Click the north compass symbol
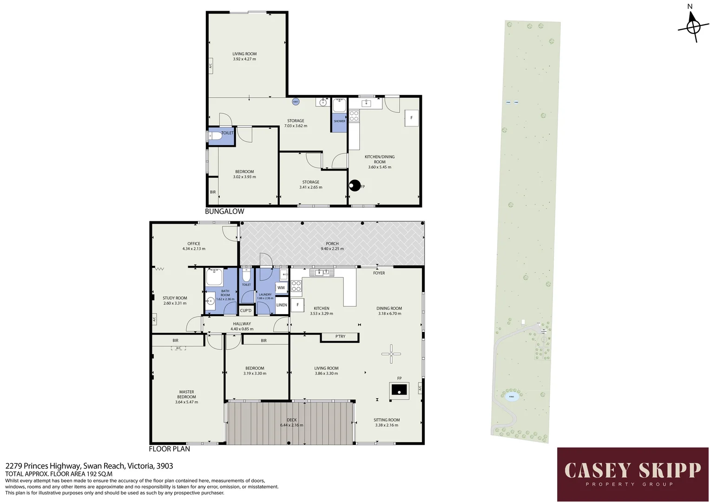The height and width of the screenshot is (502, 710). (x=693, y=27)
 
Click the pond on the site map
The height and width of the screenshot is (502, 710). (x=512, y=396)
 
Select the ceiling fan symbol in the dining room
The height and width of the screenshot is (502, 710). (x=391, y=354)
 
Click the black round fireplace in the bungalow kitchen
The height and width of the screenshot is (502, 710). (x=355, y=185)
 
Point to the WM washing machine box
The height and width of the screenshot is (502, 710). (x=281, y=288)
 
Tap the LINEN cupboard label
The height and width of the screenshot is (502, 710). (x=282, y=305)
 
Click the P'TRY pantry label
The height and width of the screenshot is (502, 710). (x=340, y=337)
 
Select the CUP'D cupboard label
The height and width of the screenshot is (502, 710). (x=245, y=310)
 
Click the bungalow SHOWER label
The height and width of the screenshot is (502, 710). (x=339, y=121)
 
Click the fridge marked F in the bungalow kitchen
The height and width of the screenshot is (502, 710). (x=411, y=118)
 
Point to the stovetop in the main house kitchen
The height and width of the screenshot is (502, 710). (x=296, y=286)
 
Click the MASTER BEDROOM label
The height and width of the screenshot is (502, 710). (x=186, y=394)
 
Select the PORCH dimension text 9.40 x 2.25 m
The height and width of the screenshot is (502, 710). (x=332, y=249)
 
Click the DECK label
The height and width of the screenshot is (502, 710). (x=291, y=420)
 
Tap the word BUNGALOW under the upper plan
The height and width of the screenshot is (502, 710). (x=224, y=211)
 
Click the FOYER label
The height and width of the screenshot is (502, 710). (x=379, y=273)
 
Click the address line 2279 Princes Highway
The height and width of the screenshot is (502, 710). (x=89, y=466)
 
